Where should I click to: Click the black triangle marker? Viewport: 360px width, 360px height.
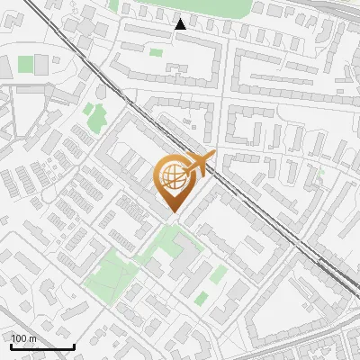(x=181, y=24)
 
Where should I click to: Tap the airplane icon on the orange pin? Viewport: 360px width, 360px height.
(x=199, y=165)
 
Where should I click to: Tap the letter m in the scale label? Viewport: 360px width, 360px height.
(x=32, y=339)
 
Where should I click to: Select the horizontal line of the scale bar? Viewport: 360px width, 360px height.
(x=41, y=347)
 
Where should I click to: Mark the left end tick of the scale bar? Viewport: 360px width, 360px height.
(x=10, y=345)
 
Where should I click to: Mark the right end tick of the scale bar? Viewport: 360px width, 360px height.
(x=74, y=345)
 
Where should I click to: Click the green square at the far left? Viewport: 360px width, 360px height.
(x=25, y=65)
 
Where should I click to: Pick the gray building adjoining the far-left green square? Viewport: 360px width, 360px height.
(x=40, y=64)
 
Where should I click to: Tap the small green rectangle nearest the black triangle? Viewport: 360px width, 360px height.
(x=156, y=52)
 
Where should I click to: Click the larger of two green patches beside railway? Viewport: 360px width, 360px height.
(x=94, y=115)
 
